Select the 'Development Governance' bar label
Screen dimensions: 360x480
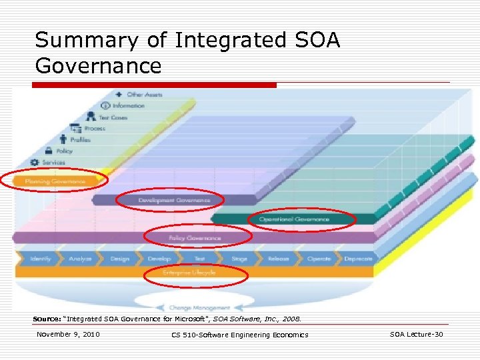click(174, 200)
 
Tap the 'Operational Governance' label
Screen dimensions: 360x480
click(294, 219)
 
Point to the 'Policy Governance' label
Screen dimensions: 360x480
click(195, 238)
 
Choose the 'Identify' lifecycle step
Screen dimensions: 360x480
click(40, 259)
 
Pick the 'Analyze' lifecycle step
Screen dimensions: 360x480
click(80, 259)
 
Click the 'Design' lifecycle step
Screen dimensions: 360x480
click(120, 259)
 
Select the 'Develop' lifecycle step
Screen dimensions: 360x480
click(159, 259)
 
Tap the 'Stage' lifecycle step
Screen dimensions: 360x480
click(239, 259)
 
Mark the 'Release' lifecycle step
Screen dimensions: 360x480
click(279, 259)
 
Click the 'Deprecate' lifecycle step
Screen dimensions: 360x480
click(358, 259)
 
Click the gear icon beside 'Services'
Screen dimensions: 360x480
click(35, 163)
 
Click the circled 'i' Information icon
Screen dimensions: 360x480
click(105, 106)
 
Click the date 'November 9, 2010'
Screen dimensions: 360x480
click(68, 334)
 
